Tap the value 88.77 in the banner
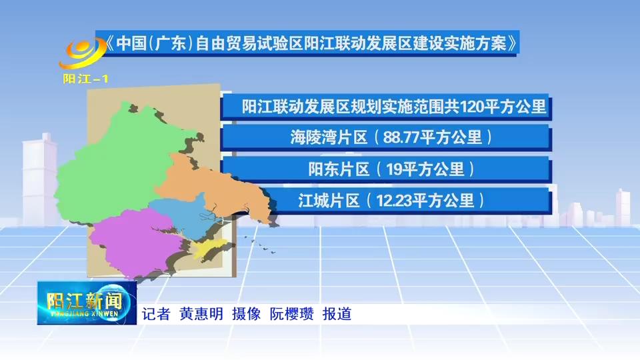(x=401, y=137)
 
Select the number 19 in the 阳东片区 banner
(x=395, y=169)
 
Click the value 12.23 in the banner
(x=394, y=201)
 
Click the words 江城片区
(x=329, y=201)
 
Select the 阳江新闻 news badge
(x=87, y=303)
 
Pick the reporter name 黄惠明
(x=201, y=314)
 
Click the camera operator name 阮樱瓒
(x=292, y=314)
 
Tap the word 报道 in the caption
(x=337, y=314)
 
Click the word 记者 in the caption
(x=156, y=314)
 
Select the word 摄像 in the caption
(x=247, y=314)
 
